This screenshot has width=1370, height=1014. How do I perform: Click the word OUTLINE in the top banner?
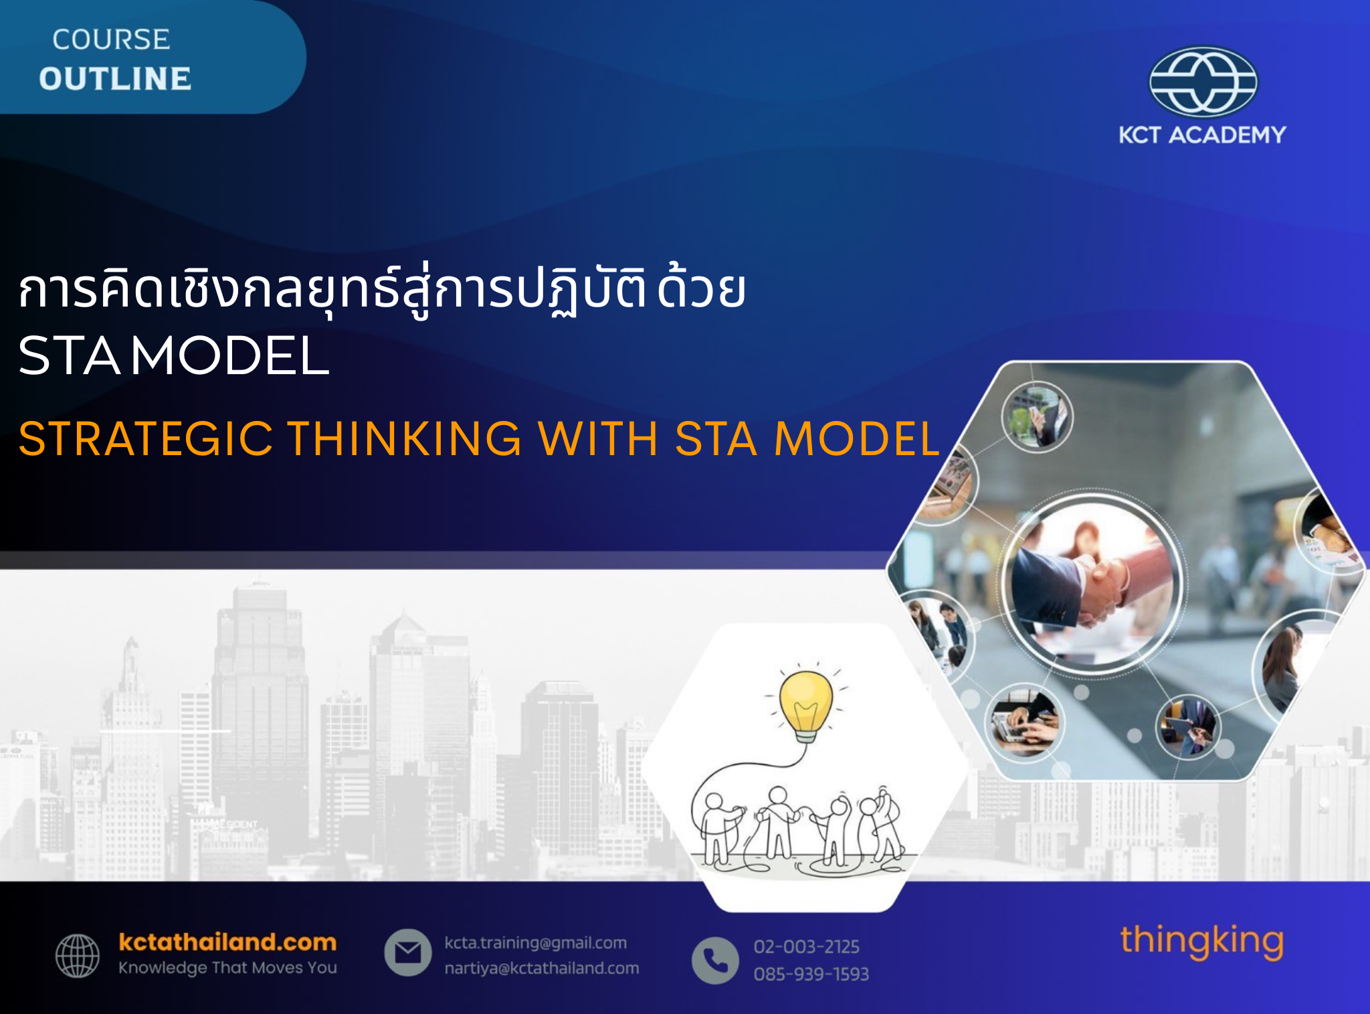(115, 78)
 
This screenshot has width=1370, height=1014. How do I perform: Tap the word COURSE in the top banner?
(111, 39)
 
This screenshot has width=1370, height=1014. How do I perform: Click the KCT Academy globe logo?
(1203, 82)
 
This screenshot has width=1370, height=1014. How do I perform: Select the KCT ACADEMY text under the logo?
(1202, 135)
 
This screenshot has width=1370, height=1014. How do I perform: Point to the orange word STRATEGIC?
(146, 439)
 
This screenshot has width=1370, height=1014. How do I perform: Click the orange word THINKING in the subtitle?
(405, 439)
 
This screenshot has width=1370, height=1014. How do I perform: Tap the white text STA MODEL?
(174, 355)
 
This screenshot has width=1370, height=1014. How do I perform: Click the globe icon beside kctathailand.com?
(78, 956)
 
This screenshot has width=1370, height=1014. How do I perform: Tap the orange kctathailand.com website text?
(227, 942)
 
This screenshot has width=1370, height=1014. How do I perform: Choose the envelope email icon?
(407, 952)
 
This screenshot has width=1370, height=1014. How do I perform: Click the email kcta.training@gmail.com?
(536, 943)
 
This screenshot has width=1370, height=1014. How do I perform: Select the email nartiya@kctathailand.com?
(542, 968)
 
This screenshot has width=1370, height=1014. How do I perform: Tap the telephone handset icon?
(715, 960)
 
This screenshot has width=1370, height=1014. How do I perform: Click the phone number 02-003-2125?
(806, 946)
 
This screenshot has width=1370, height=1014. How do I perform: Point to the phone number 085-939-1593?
(811, 974)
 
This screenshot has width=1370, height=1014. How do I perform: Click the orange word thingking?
(1202, 942)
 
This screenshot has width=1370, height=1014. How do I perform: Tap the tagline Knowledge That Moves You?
(227, 968)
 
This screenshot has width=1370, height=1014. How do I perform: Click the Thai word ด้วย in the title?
(702, 289)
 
